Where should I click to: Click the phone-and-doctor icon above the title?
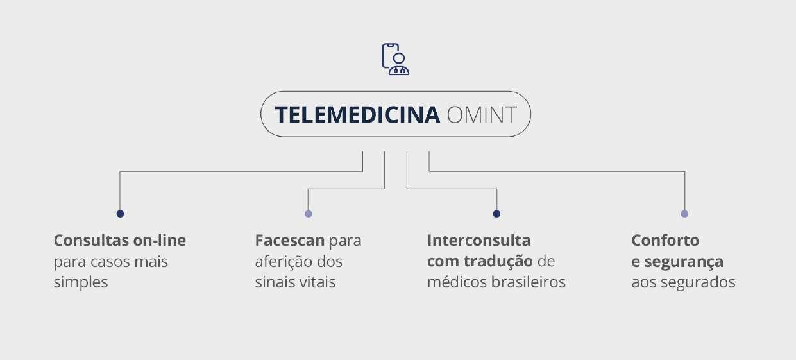tap(395, 59)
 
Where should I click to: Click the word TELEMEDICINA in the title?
tap(357, 115)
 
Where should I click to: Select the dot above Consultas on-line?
tap(120, 214)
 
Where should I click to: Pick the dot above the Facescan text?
tap(309, 214)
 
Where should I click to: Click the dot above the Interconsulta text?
tap(496, 214)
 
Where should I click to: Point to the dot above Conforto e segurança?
tap(684, 214)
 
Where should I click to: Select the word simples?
tap(81, 282)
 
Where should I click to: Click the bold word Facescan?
tap(289, 241)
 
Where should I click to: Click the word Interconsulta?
tap(478, 241)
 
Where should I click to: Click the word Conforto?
tap(665, 241)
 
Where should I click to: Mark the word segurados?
tap(698, 282)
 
